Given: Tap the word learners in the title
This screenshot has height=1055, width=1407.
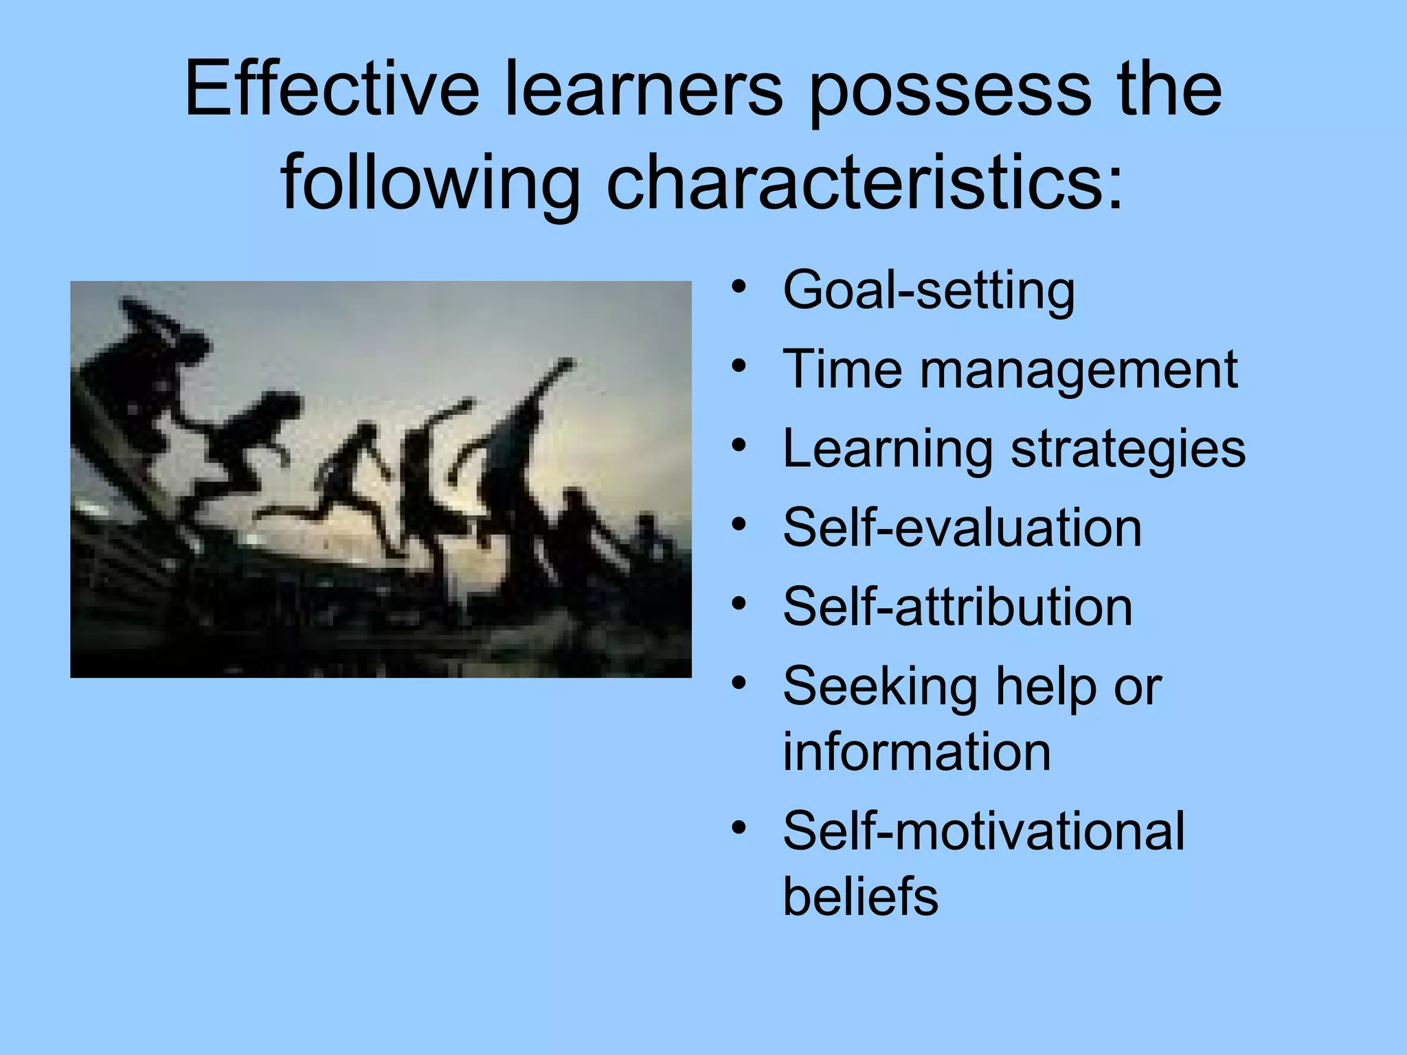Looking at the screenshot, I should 644,89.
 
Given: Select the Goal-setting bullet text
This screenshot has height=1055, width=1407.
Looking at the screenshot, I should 929,291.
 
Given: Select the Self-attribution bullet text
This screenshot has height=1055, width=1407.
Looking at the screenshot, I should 958,607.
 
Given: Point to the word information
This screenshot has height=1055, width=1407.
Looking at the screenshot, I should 916,752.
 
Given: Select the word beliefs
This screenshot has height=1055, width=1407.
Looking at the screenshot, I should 860,896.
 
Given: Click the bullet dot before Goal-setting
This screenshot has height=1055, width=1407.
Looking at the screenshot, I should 739,287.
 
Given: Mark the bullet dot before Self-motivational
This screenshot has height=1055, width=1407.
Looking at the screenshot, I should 739,827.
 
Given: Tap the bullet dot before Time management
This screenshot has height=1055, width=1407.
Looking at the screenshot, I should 739,365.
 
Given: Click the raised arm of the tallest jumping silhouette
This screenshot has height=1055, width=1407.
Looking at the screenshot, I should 550,381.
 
